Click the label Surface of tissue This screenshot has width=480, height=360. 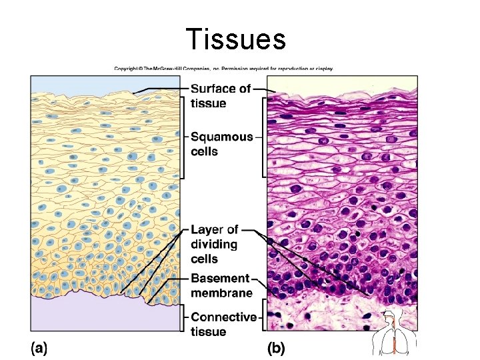click(221, 95)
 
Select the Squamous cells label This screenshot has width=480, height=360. click(221, 144)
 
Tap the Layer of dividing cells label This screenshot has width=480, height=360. click(214, 244)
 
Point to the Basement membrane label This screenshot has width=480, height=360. click(221, 285)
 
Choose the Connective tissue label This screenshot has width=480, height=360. click(223, 324)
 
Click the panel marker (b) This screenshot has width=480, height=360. click(276, 348)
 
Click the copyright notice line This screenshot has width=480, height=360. click(223, 68)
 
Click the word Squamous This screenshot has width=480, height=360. click(222, 137)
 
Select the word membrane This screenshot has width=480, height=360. click(221, 293)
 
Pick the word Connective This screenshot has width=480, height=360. click(223, 317)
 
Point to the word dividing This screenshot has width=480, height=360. click(214, 244)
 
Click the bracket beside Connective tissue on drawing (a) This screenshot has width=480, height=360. click(183, 317)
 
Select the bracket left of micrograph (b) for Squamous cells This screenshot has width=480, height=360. click(265, 137)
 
